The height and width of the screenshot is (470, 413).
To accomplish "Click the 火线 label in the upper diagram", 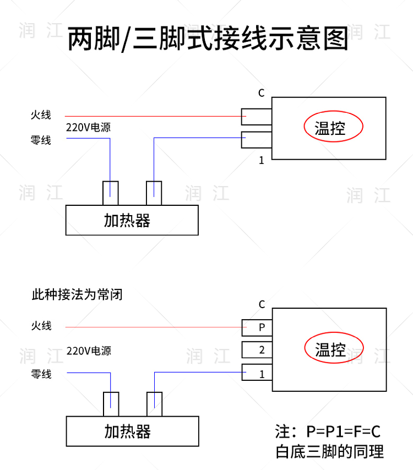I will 41,115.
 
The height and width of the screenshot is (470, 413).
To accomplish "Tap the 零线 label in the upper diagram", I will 41,140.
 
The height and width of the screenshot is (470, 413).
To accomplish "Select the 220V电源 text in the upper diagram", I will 88,128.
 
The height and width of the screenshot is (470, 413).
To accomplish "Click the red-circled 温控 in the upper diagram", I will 333,128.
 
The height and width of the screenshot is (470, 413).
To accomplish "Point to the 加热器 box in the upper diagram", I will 132,220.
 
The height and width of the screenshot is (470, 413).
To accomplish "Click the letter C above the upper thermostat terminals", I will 262,93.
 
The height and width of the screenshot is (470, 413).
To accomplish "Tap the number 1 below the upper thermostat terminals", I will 262,160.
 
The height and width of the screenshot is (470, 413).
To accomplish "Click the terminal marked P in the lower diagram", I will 257,328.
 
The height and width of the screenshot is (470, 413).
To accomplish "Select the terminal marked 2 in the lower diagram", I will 257,350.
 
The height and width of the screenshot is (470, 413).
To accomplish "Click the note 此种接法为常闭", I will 77,294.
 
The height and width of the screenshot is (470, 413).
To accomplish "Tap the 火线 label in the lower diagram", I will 41,326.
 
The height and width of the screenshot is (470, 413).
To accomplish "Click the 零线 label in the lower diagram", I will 41,374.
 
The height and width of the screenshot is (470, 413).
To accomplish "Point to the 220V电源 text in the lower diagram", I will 88,351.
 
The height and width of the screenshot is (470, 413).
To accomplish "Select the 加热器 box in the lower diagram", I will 132,431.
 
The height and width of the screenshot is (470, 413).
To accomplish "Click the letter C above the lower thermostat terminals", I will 262,304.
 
